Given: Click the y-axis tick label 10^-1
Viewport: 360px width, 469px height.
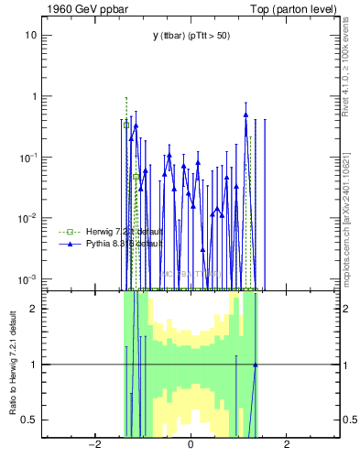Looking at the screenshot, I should [x=29, y=157].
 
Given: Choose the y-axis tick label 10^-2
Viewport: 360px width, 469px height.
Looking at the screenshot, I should [x=29, y=217].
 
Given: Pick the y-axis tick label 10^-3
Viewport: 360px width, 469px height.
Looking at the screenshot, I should [x=29, y=278].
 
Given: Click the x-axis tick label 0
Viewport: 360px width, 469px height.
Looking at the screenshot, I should [x=191, y=446].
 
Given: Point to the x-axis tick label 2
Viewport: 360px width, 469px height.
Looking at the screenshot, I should [x=287, y=446].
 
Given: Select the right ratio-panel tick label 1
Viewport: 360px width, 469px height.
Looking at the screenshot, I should [x=346, y=365].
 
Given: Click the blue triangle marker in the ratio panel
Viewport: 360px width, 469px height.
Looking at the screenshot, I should [x=256, y=365].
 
